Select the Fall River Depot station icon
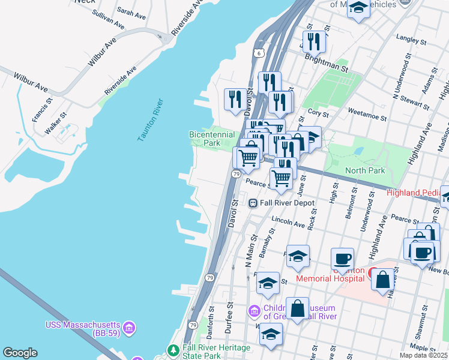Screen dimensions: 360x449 253,203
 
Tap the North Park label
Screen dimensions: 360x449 365,170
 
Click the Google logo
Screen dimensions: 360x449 20,353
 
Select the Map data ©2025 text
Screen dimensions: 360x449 423,355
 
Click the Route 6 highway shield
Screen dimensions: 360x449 258,53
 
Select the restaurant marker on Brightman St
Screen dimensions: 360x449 313,41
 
